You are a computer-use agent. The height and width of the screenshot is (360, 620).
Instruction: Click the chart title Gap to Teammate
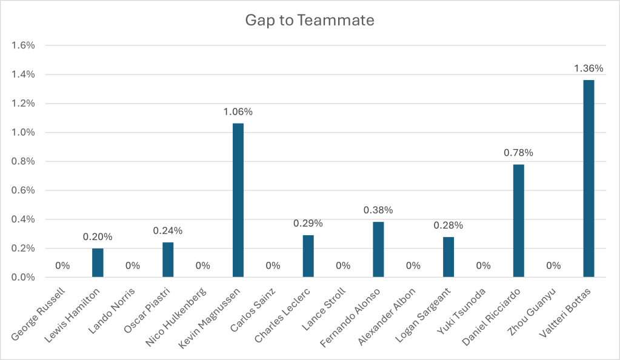[310, 20]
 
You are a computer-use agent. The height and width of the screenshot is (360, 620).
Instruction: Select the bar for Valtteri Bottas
[588, 179]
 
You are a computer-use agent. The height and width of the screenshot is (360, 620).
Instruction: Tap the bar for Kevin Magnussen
[238, 200]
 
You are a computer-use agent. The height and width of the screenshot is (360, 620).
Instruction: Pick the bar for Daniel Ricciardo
[518, 221]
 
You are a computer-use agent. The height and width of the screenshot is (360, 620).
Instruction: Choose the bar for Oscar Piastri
[168, 259]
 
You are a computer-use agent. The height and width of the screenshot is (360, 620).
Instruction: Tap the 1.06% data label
[238, 112]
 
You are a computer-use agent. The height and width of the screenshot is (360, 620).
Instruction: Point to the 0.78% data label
[518, 153]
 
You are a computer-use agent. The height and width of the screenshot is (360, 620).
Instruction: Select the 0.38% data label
[378, 210]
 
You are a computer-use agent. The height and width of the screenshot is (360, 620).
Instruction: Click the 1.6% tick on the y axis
[24, 45]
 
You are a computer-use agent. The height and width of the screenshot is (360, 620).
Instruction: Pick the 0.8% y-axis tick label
[24, 161]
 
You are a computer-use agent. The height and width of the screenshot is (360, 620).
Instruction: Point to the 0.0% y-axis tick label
[24, 278]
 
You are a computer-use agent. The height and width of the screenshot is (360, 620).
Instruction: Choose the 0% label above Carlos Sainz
[273, 265]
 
